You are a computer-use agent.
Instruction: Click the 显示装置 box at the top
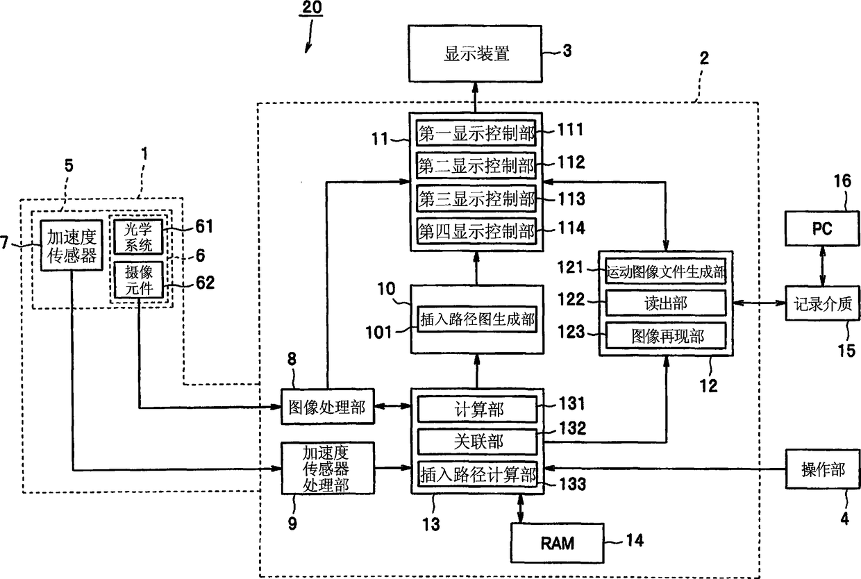coord(475,53)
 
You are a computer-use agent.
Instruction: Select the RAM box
coord(557,543)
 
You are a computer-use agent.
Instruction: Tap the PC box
coord(822,228)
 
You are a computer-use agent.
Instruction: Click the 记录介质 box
coord(822,303)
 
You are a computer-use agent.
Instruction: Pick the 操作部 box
coord(823,469)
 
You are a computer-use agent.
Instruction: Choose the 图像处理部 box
coord(328,407)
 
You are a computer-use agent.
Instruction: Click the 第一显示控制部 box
coord(476,133)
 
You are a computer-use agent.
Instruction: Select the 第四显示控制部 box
coord(476,231)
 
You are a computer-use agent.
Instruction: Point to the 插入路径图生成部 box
coord(477,319)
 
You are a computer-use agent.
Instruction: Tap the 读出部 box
coord(666,303)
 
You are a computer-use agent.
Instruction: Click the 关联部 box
coord(478,442)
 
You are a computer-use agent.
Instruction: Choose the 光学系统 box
coord(138,237)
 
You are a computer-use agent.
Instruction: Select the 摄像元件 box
coord(138,280)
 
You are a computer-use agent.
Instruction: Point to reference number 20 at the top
coord(312,8)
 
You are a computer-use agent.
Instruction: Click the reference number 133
coord(572,484)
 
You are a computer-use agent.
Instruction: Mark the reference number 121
coord(571,267)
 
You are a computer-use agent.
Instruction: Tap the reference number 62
coord(205,283)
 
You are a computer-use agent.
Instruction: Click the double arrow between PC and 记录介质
coord(822,266)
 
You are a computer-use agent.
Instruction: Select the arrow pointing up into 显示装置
coord(476,97)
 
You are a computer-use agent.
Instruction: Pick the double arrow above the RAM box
coord(521,509)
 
